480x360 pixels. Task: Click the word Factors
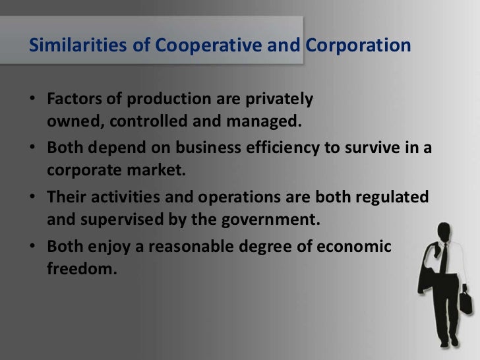point(73,104)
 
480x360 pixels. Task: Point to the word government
point(274,220)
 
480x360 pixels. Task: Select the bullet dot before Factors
point(34,104)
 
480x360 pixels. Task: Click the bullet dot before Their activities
point(34,196)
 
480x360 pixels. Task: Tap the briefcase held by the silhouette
point(465,305)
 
